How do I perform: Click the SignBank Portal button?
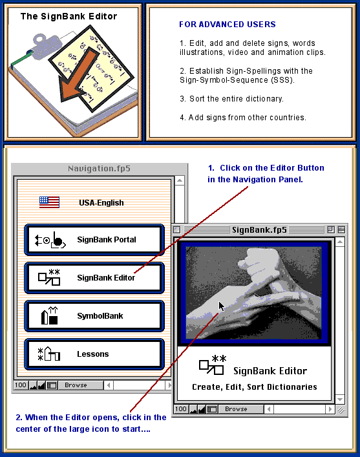(94, 240)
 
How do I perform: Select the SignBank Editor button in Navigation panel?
(94, 278)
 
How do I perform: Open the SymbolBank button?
(94, 316)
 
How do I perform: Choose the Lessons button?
(94, 354)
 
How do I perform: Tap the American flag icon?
(49, 202)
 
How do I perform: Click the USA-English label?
(101, 203)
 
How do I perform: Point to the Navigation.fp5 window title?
(99, 169)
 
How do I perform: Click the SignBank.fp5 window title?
(259, 230)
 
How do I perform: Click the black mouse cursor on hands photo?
(222, 306)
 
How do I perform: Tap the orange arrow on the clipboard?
(78, 77)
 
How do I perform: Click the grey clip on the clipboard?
(47, 45)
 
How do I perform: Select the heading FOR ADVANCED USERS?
(228, 24)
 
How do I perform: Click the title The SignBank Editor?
(69, 16)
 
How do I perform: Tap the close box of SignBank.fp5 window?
(176, 230)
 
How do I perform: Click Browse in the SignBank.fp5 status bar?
(236, 409)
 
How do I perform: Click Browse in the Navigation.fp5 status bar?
(76, 385)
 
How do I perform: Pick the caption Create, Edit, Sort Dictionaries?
(255, 387)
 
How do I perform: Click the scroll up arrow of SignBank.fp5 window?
(340, 242)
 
